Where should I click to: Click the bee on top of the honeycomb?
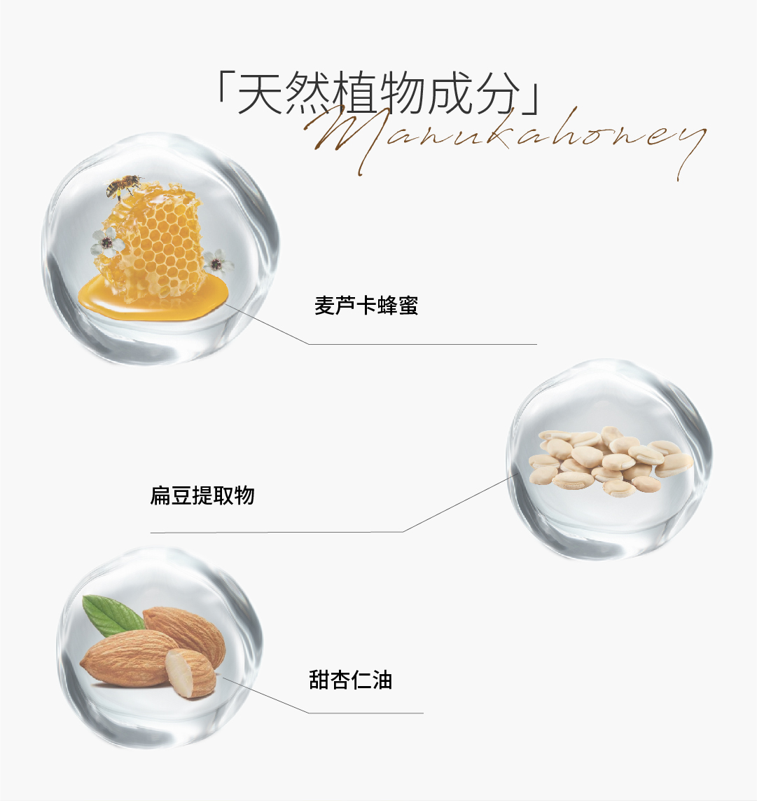pyautogui.click(x=122, y=186)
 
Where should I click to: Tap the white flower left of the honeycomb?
pyautogui.click(x=107, y=242)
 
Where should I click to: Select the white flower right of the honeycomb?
pyautogui.click(x=218, y=262)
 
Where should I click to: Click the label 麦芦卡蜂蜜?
pyautogui.click(x=366, y=306)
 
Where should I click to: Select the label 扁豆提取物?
pyautogui.click(x=202, y=495)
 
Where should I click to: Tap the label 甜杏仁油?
pyautogui.click(x=350, y=680)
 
